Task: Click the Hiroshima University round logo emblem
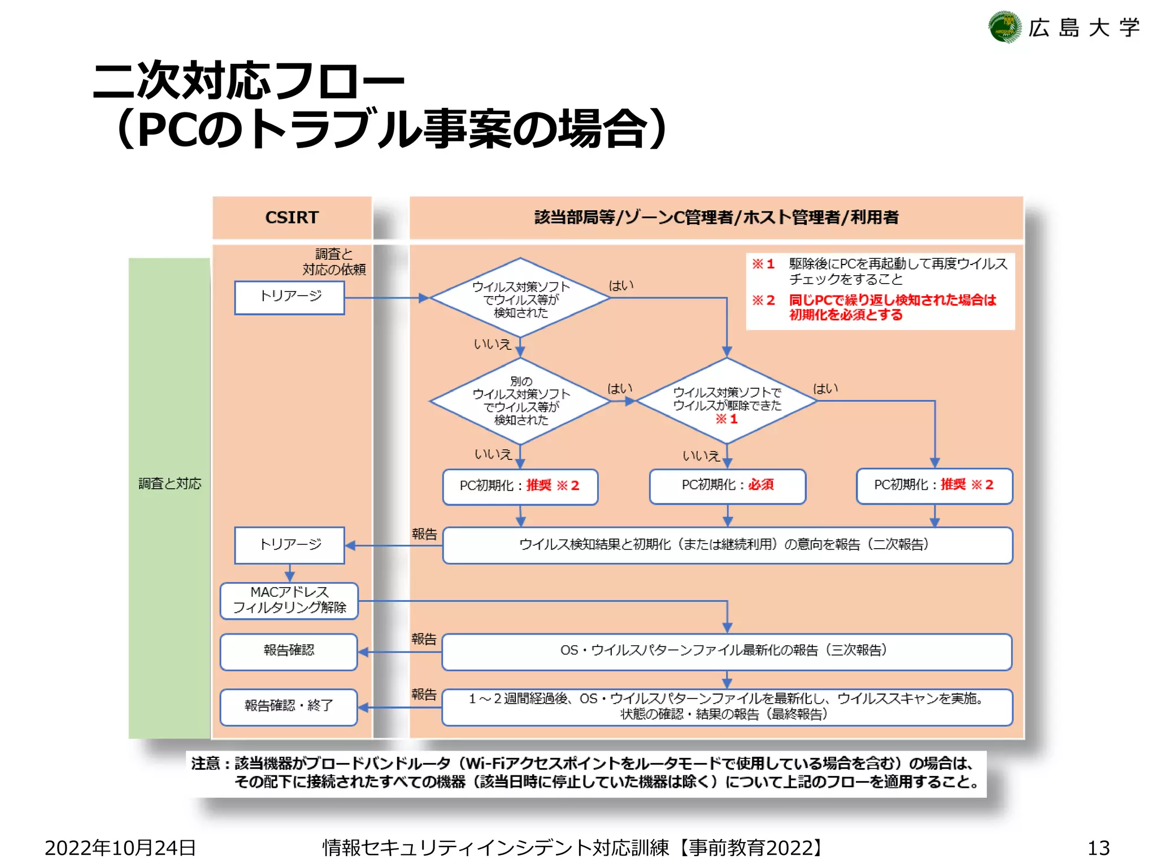pyautogui.click(x=1004, y=27)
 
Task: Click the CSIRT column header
pyautogui.click(x=292, y=218)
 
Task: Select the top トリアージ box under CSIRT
pyautogui.click(x=289, y=297)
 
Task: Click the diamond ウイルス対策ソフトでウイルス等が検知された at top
pyautogui.click(x=520, y=298)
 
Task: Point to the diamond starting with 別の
pyautogui.click(x=520, y=401)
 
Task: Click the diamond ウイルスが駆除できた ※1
pyautogui.click(x=727, y=401)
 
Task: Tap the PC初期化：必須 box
pyautogui.click(x=727, y=485)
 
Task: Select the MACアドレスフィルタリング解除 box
pyautogui.click(x=289, y=600)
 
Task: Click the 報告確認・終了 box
pyautogui.click(x=289, y=706)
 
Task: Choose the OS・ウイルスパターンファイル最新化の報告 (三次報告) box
pyautogui.click(x=727, y=651)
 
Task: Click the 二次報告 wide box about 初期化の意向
pyautogui.click(x=727, y=545)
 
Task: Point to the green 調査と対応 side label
pyautogui.click(x=169, y=484)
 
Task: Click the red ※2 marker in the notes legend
pyautogui.click(x=763, y=300)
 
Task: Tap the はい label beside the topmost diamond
pyautogui.click(x=621, y=286)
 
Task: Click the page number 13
pyautogui.click(x=1098, y=848)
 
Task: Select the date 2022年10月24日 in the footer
pyautogui.click(x=120, y=848)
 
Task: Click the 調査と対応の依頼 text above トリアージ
pyautogui.click(x=334, y=262)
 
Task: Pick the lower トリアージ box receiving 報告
pyautogui.click(x=289, y=545)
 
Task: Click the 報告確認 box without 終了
pyautogui.click(x=289, y=651)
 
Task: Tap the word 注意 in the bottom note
pyautogui.click(x=205, y=763)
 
